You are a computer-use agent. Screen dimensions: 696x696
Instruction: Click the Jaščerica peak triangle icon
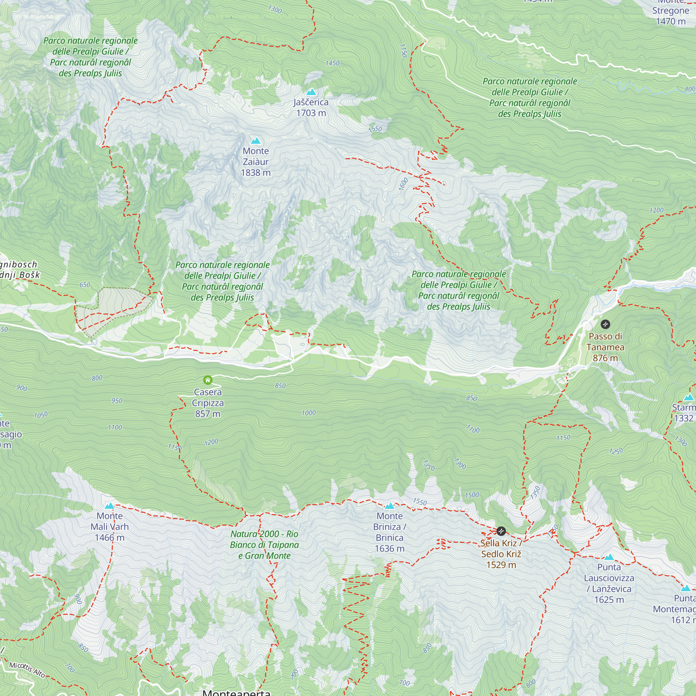pyautogui.click(x=311, y=92)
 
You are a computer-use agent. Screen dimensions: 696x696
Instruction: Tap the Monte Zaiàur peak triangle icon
pyautogui.click(x=255, y=141)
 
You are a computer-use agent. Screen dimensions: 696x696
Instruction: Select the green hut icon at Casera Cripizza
pyautogui.click(x=207, y=380)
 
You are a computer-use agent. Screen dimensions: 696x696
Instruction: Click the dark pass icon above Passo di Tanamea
pyautogui.click(x=605, y=324)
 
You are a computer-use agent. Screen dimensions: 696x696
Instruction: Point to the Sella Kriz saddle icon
pyautogui.click(x=501, y=531)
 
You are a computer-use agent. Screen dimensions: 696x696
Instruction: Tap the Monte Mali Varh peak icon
pyautogui.click(x=110, y=506)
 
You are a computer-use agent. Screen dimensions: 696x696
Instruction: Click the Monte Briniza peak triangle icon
pyautogui.click(x=389, y=506)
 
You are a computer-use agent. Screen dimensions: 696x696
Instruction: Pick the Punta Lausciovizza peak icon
pyautogui.click(x=609, y=557)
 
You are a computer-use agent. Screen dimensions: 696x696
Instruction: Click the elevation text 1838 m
pyautogui.click(x=255, y=173)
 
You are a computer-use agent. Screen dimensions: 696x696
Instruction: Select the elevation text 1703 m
pyautogui.click(x=311, y=113)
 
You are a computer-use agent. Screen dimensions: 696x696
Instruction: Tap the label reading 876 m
pyautogui.click(x=605, y=358)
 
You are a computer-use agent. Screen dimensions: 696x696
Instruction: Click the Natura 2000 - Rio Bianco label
pyautogui.click(x=264, y=545)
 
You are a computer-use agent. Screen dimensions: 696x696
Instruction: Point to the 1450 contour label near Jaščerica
pyautogui.click(x=332, y=63)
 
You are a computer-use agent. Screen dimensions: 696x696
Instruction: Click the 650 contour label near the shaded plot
pyautogui.click(x=85, y=285)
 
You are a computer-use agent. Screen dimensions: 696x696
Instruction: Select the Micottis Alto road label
pyautogui.click(x=27, y=670)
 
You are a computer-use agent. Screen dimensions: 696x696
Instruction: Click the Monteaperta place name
pyautogui.click(x=236, y=692)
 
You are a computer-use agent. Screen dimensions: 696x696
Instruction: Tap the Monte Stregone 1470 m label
pyautogui.click(x=671, y=16)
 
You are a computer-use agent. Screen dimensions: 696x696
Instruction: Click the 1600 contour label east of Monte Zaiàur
pyautogui.click(x=403, y=184)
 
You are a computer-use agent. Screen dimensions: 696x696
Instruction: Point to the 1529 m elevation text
pyautogui.click(x=501, y=565)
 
